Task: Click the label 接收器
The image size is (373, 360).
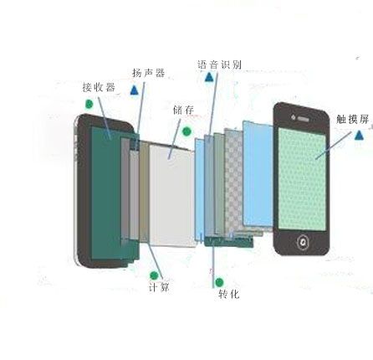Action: [99, 87]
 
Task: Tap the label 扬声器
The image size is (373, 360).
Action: [148, 73]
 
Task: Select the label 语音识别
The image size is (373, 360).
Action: [219, 64]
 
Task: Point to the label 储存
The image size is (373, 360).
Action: [183, 110]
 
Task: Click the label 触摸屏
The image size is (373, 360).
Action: [353, 119]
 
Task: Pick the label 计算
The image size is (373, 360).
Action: [159, 287]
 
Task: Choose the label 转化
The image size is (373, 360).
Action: [229, 294]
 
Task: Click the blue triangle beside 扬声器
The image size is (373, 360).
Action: [135, 90]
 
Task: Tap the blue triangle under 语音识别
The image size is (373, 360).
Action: [209, 77]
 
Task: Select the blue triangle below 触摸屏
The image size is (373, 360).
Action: [360, 135]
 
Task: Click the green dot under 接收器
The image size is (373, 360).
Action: [89, 104]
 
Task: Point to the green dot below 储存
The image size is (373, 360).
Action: [186, 131]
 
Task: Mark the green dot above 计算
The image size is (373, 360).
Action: [154, 275]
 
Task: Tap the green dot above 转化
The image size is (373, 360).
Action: [219, 282]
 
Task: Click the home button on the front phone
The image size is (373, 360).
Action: [302, 242]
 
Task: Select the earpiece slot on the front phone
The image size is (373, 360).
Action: [304, 119]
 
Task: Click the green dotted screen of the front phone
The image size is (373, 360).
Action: [302, 179]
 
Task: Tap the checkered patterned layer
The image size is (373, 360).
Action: [234, 182]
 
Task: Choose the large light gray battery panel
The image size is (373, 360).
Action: [172, 195]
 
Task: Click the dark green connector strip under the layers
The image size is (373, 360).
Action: [228, 241]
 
